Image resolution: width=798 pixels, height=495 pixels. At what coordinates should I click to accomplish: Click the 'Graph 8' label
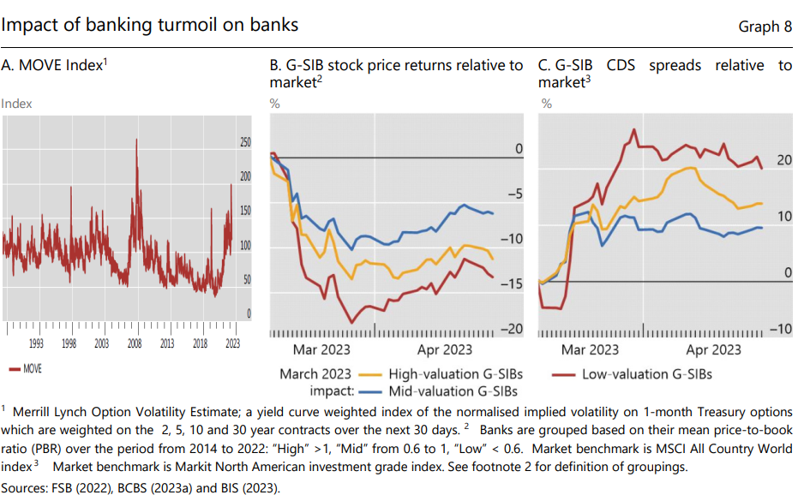click(x=765, y=26)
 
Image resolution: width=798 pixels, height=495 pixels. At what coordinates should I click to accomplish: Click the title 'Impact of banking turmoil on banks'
click(x=150, y=24)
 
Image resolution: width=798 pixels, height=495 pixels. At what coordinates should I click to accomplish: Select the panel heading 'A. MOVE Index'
click(x=54, y=65)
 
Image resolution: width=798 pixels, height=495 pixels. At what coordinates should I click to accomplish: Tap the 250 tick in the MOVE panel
click(x=244, y=142)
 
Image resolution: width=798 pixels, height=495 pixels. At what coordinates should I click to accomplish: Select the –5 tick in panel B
click(x=514, y=194)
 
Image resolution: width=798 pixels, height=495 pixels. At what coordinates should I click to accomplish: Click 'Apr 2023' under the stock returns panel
click(x=445, y=349)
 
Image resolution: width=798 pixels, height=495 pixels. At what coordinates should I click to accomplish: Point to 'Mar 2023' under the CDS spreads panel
click(x=590, y=349)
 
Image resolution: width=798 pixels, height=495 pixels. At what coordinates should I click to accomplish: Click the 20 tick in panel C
click(x=783, y=160)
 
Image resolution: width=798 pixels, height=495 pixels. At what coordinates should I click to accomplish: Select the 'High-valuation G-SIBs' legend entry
click(x=455, y=374)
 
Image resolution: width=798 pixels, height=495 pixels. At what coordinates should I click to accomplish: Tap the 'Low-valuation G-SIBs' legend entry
click(x=646, y=374)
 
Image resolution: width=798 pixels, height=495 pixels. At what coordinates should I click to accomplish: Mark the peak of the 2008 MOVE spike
click(x=135, y=140)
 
